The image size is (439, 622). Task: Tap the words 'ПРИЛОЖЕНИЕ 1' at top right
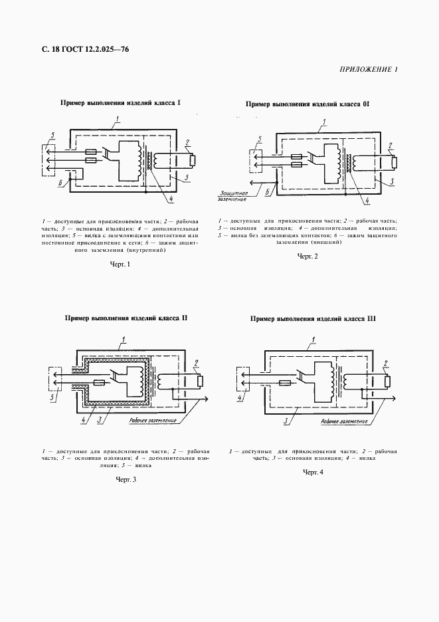pos(369,70)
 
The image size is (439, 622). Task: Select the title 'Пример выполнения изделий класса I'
pos(121,104)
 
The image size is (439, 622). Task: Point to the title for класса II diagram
pos(126,318)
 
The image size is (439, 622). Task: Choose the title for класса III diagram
pos(313,319)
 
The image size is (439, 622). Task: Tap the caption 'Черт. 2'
pos(308,257)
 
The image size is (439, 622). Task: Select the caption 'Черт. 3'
pos(126,479)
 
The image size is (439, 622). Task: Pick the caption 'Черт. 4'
pos(313,472)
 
